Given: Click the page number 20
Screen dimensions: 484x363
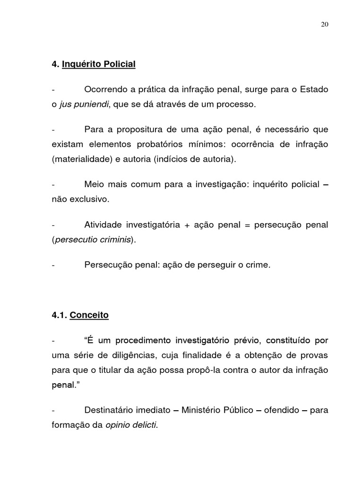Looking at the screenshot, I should point(324,26).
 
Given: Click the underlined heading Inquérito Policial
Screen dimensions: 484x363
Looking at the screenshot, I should point(98,64).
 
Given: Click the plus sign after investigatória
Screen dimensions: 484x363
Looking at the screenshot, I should point(187,225).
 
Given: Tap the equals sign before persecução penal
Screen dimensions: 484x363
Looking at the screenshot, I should point(246,225).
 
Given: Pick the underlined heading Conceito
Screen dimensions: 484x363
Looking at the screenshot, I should point(89,315).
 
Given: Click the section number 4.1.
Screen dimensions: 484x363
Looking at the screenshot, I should point(59,315).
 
